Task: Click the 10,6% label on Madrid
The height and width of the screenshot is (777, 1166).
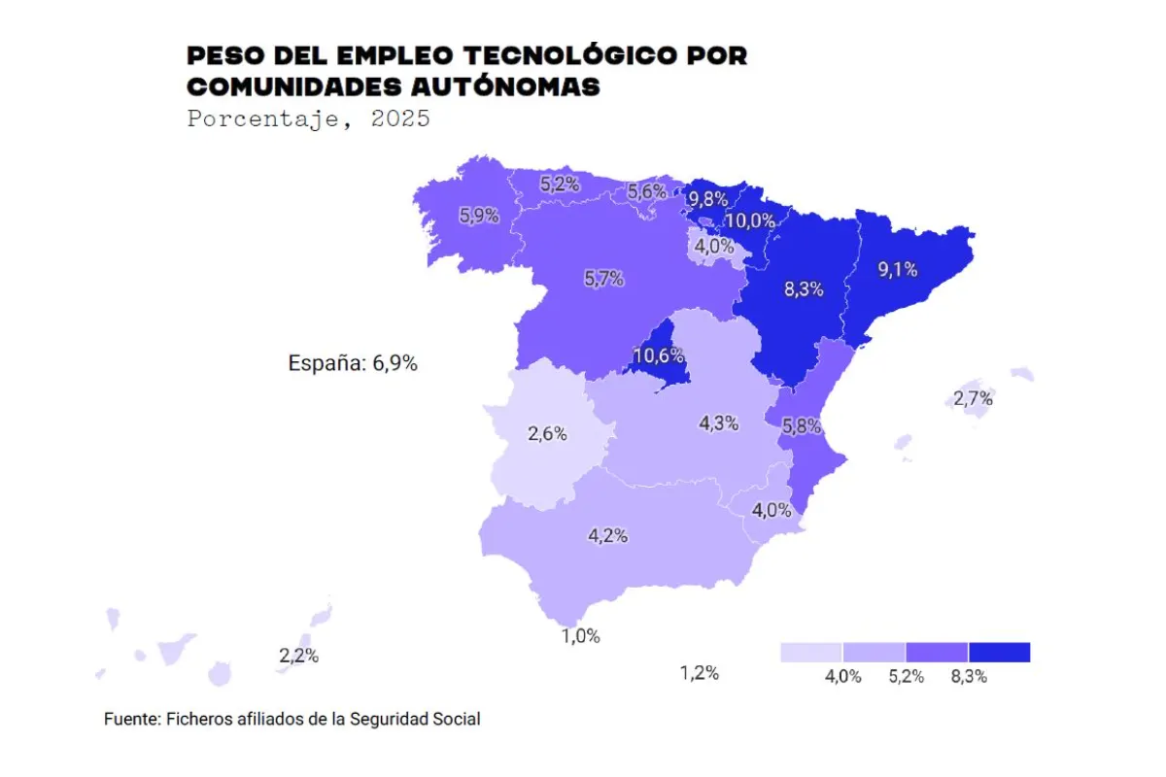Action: (652, 355)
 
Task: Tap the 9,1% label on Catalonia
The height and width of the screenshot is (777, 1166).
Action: (898, 270)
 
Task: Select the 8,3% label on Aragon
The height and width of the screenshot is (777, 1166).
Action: (804, 288)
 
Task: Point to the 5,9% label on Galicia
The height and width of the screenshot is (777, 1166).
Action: (479, 216)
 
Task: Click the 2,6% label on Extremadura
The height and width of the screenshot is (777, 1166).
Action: (547, 434)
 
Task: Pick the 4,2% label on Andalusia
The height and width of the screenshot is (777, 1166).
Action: (607, 535)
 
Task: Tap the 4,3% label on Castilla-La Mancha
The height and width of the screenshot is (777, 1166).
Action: (719, 423)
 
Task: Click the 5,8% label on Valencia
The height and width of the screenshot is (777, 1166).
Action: (802, 425)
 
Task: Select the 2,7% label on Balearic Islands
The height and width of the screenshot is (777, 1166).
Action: (973, 398)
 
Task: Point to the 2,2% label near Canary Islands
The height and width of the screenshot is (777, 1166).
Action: (298, 656)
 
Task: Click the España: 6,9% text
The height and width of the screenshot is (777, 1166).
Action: (353, 364)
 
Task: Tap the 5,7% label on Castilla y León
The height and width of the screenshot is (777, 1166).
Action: (603, 279)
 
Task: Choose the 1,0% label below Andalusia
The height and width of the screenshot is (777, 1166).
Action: (580, 636)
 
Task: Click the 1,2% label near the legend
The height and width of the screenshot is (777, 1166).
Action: (699, 672)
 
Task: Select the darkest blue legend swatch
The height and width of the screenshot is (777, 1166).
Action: (999, 652)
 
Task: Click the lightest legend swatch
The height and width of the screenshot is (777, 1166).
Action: (811, 652)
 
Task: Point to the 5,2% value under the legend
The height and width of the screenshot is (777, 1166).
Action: (906, 677)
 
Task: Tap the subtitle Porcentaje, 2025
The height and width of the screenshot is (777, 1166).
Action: (308, 119)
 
